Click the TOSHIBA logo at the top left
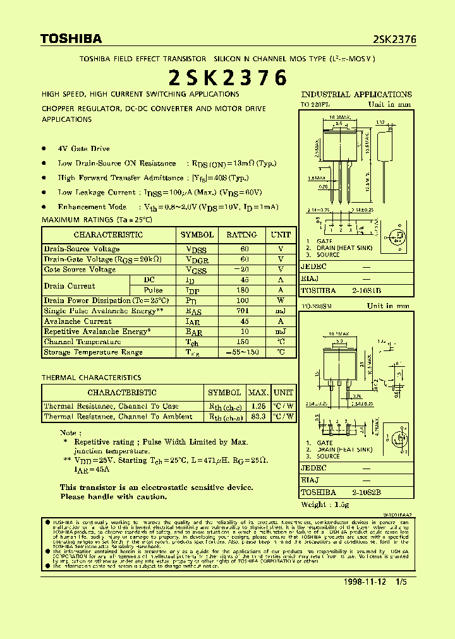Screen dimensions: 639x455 click(x=71, y=39)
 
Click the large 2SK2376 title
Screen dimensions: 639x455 click(x=227, y=78)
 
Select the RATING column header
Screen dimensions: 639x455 click(x=241, y=235)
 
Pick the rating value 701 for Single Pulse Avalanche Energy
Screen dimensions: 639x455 click(x=244, y=311)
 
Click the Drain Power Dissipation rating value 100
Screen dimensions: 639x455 click(x=244, y=301)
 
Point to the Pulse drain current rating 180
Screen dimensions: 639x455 click(x=244, y=290)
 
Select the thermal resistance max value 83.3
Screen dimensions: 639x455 click(x=257, y=417)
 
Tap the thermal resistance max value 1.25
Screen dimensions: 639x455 click(x=257, y=406)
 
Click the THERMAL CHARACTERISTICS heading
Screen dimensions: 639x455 click(x=91, y=378)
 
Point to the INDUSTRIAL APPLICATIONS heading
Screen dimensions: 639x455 click(x=356, y=95)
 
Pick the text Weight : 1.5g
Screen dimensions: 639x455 click(x=327, y=505)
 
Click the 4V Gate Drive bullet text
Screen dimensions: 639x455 click(x=83, y=149)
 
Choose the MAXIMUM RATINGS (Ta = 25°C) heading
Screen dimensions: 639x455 click(x=97, y=220)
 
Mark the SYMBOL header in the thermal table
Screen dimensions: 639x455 click(x=224, y=393)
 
